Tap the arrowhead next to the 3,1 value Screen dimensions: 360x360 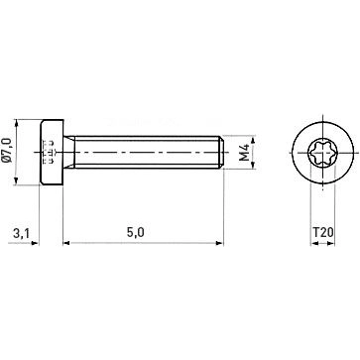coord(36,242)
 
